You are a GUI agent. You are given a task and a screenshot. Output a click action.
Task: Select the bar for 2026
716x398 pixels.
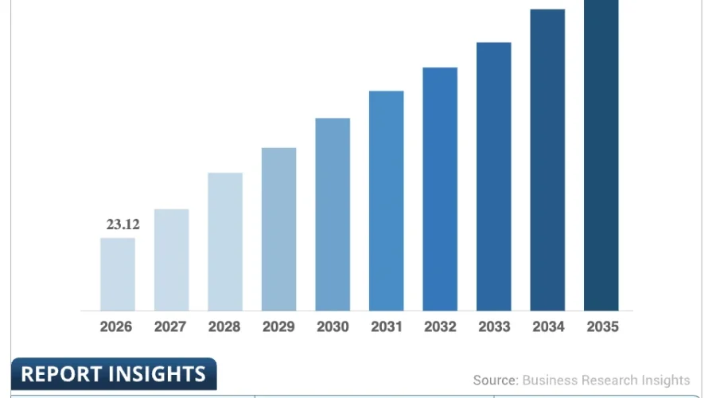click(118, 274)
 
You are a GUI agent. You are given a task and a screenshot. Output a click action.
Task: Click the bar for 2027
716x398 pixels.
click(171, 260)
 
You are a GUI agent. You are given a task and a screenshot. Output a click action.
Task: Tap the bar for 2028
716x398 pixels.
click(225, 242)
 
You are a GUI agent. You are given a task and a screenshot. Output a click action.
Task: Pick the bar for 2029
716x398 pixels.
click(278, 229)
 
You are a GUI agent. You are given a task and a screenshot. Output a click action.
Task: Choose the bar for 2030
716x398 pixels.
click(333, 214)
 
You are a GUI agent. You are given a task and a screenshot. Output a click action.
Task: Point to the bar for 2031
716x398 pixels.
click(387, 201)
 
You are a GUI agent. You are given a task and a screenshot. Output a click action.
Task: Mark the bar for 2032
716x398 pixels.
click(440, 189)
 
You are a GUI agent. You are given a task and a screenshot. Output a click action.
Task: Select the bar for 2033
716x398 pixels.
click(493, 177)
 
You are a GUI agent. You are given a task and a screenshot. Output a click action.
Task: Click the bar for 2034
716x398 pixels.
click(547, 160)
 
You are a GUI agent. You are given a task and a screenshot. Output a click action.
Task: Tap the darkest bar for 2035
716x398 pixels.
click(601, 155)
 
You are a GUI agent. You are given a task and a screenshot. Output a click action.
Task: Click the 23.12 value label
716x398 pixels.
click(123, 224)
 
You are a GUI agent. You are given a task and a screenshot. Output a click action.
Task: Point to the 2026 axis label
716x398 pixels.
click(116, 326)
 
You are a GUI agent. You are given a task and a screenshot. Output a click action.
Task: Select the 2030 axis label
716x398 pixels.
click(333, 326)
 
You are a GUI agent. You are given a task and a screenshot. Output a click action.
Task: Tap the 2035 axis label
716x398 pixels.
click(603, 326)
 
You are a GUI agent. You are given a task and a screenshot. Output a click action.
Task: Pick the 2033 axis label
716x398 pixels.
click(494, 326)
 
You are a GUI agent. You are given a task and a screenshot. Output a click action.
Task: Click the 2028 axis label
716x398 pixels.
click(224, 326)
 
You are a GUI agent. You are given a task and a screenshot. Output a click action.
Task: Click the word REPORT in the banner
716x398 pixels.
click(60, 374)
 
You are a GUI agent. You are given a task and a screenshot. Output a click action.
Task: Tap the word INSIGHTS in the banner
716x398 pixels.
click(156, 374)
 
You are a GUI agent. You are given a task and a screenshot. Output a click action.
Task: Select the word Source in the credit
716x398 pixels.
click(496, 380)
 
